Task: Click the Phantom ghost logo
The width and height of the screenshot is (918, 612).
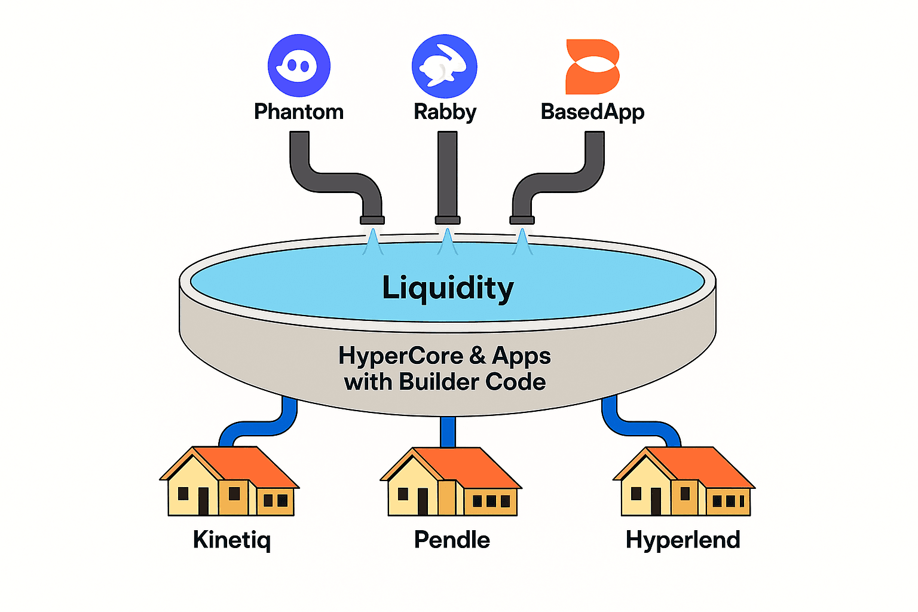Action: [299, 65]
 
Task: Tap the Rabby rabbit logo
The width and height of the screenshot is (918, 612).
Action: [444, 66]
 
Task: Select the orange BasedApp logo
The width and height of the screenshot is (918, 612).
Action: [592, 67]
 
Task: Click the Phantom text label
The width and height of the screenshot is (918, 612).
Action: [299, 112]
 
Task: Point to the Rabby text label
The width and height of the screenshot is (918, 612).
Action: [445, 112]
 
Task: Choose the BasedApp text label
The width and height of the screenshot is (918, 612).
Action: [592, 112]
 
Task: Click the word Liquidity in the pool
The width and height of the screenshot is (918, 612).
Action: [448, 288]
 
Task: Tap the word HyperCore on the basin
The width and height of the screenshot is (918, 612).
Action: [400, 356]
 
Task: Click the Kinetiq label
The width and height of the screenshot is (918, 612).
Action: [232, 540]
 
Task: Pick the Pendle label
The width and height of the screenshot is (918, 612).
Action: [452, 540]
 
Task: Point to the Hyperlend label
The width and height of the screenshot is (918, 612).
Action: [683, 540]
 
